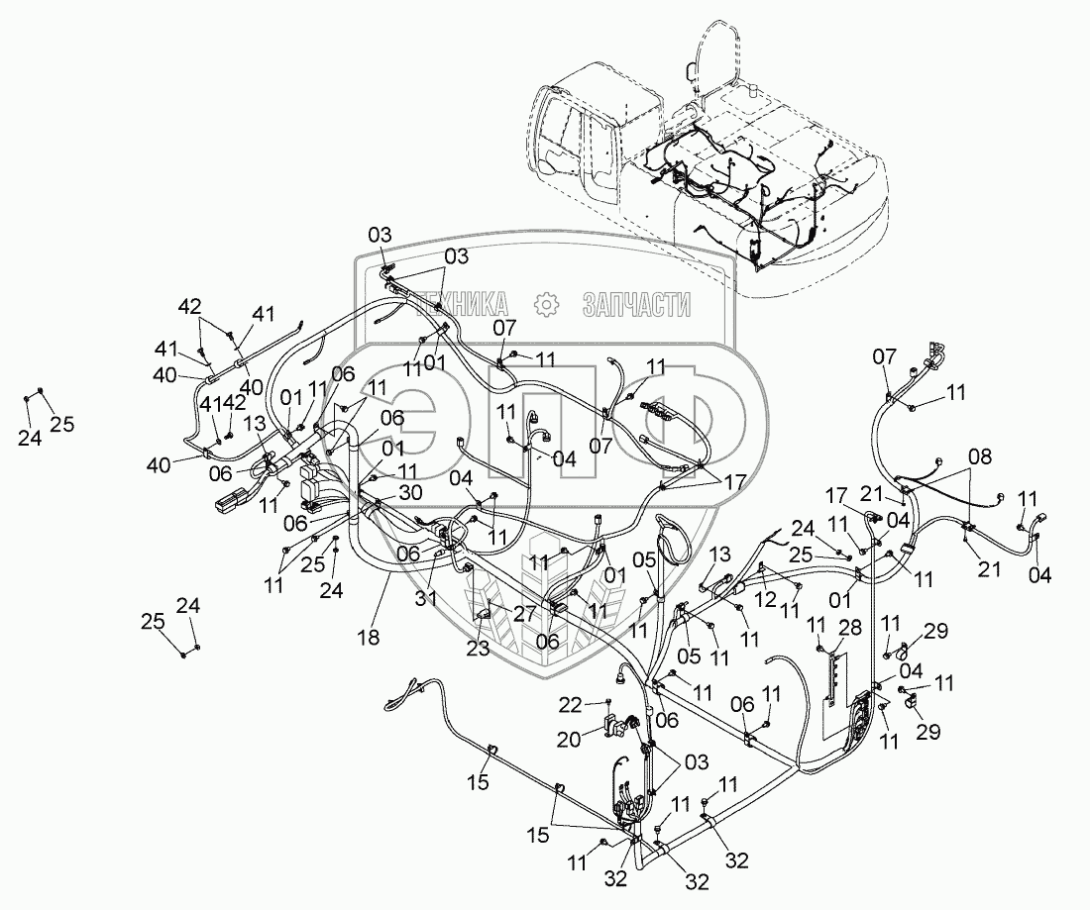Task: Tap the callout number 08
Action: click(x=978, y=456)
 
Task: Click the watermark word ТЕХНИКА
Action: click(x=463, y=304)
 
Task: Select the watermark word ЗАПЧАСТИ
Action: click(x=636, y=304)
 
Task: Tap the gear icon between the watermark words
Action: click(x=546, y=304)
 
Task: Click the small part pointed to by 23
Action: click(x=485, y=615)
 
